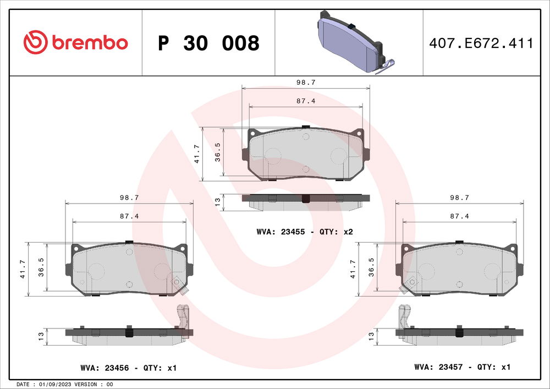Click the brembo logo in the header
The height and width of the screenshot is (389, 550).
click(x=75, y=42)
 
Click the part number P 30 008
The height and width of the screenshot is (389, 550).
click(x=208, y=43)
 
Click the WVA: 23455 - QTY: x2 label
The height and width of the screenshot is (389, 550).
click(x=304, y=232)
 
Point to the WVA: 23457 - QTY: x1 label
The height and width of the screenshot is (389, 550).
click(x=463, y=366)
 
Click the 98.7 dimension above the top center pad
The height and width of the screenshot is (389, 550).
click(x=306, y=82)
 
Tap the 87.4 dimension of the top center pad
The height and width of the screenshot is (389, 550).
click(x=306, y=101)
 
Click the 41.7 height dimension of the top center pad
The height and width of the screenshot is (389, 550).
click(x=197, y=154)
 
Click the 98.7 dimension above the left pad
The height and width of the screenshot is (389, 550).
click(x=129, y=197)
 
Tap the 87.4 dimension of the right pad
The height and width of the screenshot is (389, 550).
click(x=459, y=216)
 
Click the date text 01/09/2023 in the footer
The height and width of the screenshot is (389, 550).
click(x=56, y=384)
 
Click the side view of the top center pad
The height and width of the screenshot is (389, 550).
click(x=305, y=201)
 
